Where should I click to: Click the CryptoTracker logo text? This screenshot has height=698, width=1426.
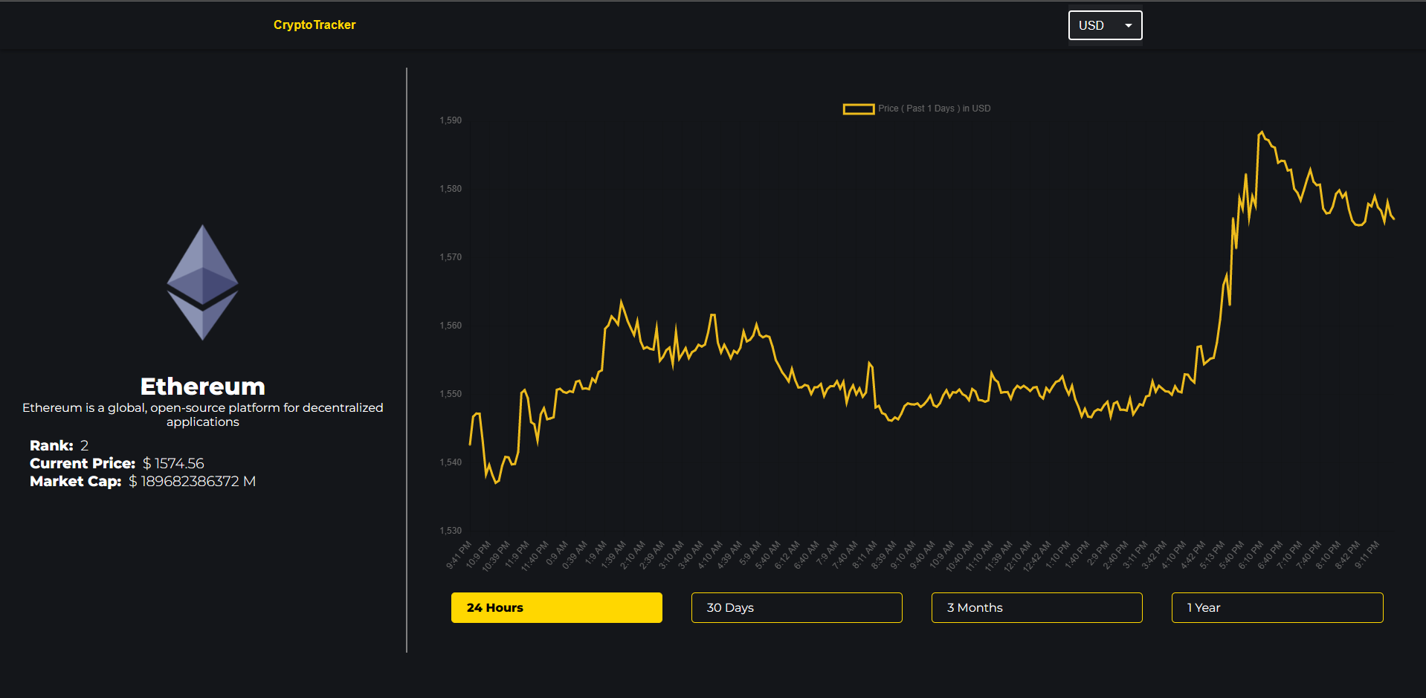[x=314, y=25]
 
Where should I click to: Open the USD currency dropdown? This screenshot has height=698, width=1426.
[x=1105, y=25]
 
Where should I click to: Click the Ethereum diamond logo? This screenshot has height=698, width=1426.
[x=202, y=282]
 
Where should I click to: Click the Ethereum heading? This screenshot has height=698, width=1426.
[x=202, y=387]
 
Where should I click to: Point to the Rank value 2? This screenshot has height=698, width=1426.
[x=85, y=446]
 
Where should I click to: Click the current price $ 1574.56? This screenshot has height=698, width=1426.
[x=173, y=464]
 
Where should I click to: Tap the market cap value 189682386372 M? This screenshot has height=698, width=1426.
[x=193, y=482]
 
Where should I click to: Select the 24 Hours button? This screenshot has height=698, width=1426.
[x=556, y=607]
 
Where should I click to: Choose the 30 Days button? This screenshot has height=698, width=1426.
[x=796, y=607]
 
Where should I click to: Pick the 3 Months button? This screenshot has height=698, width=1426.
[x=1036, y=607]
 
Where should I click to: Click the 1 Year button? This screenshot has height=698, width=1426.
[x=1277, y=607]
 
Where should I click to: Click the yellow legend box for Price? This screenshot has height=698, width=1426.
[x=858, y=109]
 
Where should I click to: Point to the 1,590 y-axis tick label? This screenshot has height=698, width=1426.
[x=451, y=120]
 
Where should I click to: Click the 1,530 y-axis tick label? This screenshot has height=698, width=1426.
[x=451, y=531]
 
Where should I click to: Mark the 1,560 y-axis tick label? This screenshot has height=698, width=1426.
[x=451, y=326]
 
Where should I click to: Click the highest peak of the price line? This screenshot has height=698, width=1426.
[x=1261, y=132]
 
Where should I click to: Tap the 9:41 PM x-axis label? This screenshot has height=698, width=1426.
[x=459, y=555]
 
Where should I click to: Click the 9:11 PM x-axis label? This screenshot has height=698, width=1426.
[x=1367, y=555]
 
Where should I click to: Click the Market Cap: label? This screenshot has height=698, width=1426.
[x=75, y=482]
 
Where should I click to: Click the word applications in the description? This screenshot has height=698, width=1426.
[x=202, y=422]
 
